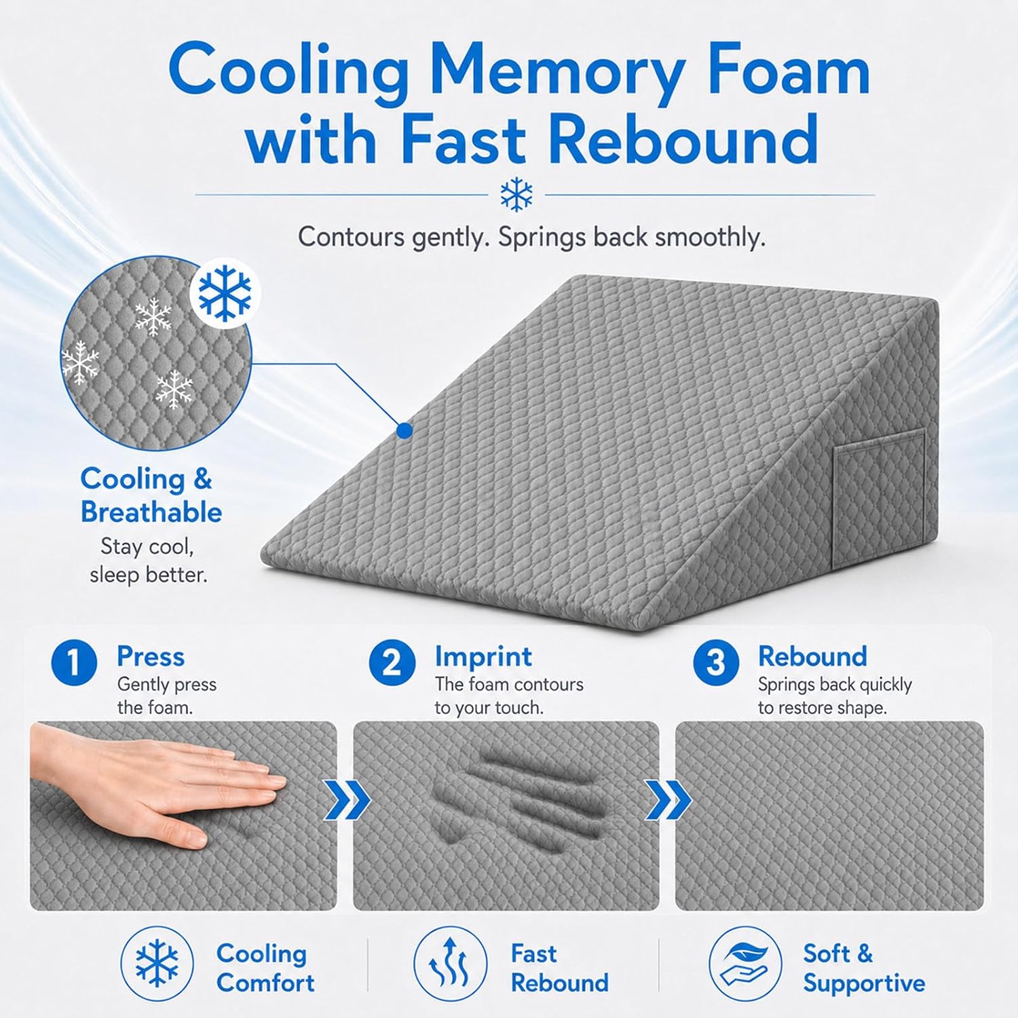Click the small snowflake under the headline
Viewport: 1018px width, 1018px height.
(x=516, y=195)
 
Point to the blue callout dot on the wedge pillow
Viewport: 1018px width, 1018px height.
(x=404, y=430)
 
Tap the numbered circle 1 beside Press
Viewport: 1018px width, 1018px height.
(x=74, y=662)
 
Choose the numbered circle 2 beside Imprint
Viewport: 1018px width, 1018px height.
(x=392, y=662)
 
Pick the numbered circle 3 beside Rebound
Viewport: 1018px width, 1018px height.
(x=716, y=662)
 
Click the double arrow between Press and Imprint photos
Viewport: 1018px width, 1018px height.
(x=347, y=800)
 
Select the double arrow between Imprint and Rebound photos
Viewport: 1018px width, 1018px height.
(x=668, y=800)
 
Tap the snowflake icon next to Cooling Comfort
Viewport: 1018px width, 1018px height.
(x=157, y=963)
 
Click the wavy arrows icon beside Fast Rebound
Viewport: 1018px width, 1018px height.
(x=451, y=963)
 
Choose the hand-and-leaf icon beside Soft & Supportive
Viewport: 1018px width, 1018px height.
(x=745, y=963)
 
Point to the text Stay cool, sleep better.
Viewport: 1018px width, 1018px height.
(x=148, y=561)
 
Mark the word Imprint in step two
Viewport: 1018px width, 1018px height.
(x=483, y=657)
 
